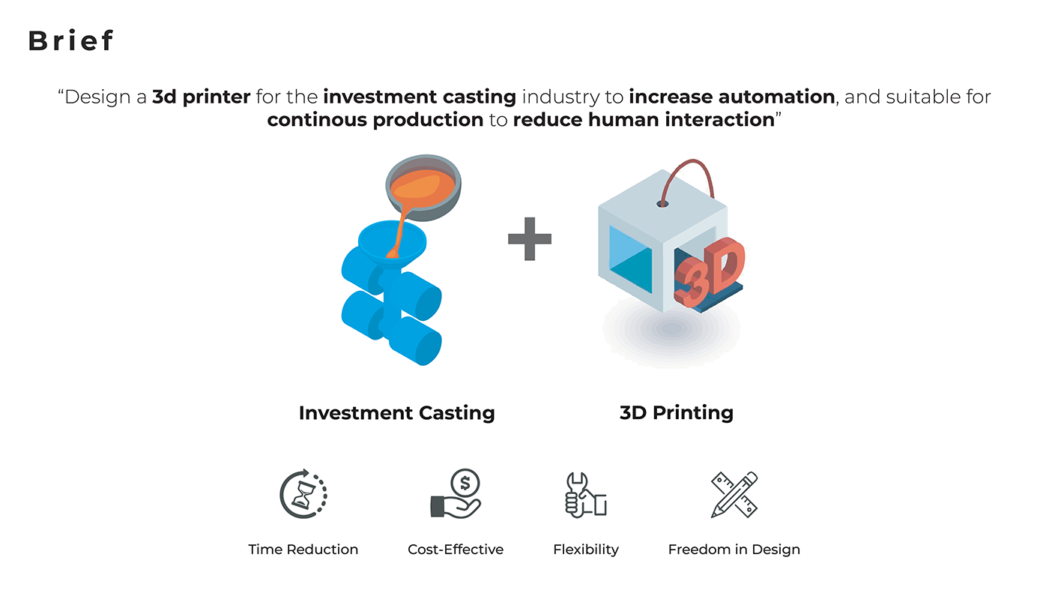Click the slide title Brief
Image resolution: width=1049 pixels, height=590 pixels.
tap(70, 40)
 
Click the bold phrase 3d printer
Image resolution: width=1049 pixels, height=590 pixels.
tap(202, 97)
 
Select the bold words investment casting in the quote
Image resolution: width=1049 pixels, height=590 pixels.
tap(420, 97)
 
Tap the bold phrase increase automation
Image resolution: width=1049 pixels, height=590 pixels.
tap(732, 97)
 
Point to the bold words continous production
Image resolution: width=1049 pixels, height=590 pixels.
tap(375, 120)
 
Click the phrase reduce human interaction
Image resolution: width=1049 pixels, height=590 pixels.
tap(644, 120)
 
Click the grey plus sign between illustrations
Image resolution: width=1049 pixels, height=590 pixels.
tap(530, 238)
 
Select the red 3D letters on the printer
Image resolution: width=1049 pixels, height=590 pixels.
tap(709, 273)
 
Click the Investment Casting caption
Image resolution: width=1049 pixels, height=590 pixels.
tap(396, 413)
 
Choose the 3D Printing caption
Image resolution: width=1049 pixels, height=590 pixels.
tap(676, 413)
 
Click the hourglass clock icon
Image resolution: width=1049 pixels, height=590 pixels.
tap(303, 494)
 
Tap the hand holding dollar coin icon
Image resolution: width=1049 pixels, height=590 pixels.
tap(456, 494)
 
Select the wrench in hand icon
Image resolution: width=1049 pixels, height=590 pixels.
tap(585, 495)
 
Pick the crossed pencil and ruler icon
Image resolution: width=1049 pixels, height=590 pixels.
tap(734, 495)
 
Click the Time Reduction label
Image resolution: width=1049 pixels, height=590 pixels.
tap(303, 550)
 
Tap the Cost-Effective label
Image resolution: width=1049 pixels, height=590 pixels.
tap(456, 550)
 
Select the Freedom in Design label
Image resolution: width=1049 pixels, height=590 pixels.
tap(734, 550)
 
